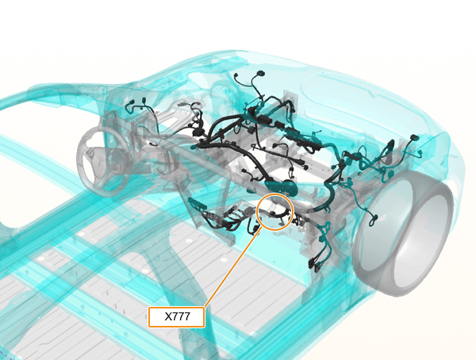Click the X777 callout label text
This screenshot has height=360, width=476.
coord(177,316)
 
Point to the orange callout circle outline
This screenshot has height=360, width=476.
coord(275,194)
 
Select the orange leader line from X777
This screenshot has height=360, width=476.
coord(232,268)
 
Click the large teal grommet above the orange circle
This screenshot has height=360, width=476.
coord(280,186)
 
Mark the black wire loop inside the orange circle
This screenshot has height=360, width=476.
coord(280,214)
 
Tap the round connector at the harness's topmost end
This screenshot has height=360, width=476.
coord(260,74)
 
